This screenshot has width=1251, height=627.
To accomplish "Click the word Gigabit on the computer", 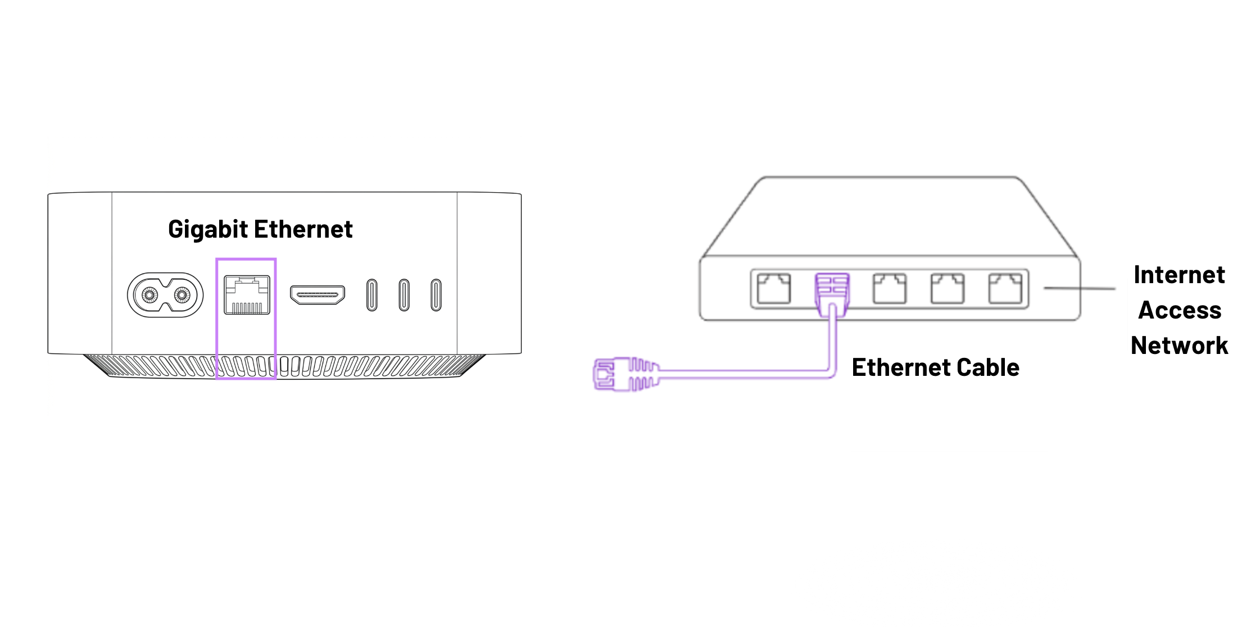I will [208, 230].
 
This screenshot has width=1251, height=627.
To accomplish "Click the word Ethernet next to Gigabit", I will [303, 229].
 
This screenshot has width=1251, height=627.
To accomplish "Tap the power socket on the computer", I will [165, 295].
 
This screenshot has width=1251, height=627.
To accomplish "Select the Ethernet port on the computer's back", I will [247, 295].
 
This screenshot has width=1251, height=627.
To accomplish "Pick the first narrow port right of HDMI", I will [371, 295].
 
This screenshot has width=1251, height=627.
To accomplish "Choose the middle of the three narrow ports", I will [404, 295].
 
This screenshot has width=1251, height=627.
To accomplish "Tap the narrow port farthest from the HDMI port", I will [436, 295].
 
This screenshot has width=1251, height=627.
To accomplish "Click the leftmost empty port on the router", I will [773, 289].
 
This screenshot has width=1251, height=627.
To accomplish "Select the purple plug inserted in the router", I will [832, 289].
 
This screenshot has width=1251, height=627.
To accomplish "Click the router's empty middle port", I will [889, 289].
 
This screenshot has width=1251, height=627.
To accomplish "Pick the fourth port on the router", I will [948, 289].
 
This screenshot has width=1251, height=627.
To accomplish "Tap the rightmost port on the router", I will [1005, 289].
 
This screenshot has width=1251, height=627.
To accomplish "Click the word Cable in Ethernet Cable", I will [987, 368].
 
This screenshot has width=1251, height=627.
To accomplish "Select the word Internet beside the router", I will [1179, 275].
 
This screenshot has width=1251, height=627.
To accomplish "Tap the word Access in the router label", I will [1180, 311].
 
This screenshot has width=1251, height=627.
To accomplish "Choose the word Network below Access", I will [1179, 346].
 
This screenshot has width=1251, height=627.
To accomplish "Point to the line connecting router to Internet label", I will [1079, 289].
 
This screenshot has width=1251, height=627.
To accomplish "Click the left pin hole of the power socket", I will [149, 295].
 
